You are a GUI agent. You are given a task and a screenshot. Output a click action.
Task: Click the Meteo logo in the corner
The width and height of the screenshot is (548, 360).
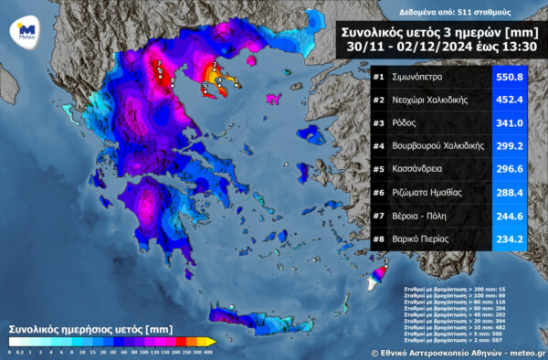point(26,31)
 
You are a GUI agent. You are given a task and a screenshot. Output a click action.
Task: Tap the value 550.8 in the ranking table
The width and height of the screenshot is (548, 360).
point(508,77)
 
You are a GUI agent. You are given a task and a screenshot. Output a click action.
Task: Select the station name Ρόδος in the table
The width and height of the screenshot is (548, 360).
point(407,122)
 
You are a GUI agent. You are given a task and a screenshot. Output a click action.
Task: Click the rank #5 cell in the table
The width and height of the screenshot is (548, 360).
point(379,168)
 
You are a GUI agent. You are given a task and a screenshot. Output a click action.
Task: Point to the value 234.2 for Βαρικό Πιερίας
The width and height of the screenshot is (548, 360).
point(508,238)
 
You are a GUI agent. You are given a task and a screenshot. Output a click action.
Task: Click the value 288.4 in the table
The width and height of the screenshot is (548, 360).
point(508,192)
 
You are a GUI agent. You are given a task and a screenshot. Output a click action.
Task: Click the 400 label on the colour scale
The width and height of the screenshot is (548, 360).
point(209,352)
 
